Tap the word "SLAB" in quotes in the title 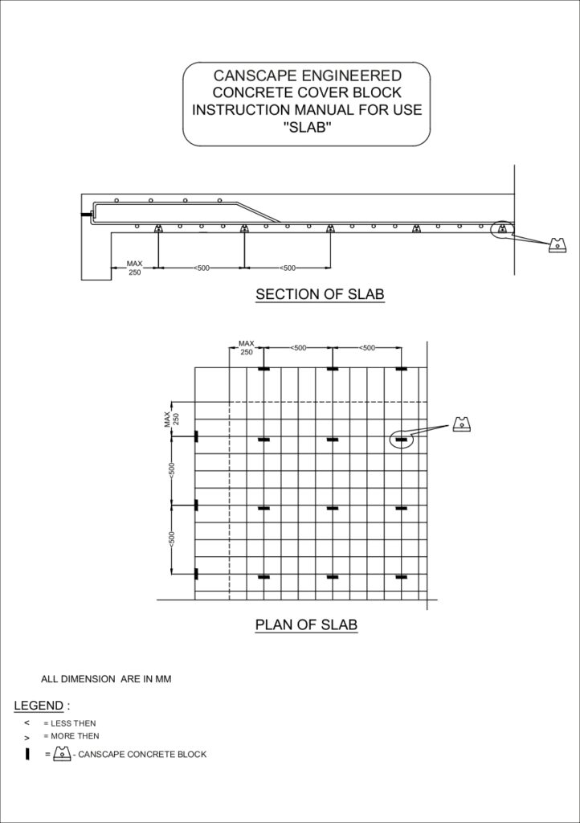click(307, 128)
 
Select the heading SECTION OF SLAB click(320, 294)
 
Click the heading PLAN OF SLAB click(306, 624)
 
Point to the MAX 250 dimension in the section click(134, 268)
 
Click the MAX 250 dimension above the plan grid click(246, 347)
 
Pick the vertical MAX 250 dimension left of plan click(172, 419)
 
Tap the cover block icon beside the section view click(558, 245)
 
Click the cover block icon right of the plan click(461, 424)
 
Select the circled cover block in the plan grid click(402, 439)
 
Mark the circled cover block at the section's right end click(502, 229)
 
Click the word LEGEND click(39, 706)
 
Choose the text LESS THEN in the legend click(73, 723)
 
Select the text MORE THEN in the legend click(75, 736)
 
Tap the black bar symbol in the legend click(27, 754)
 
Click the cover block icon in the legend click(62, 754)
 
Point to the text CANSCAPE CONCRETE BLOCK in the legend click(142, 754)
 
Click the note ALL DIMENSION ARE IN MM click(106, 679)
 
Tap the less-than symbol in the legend click(27, 723)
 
